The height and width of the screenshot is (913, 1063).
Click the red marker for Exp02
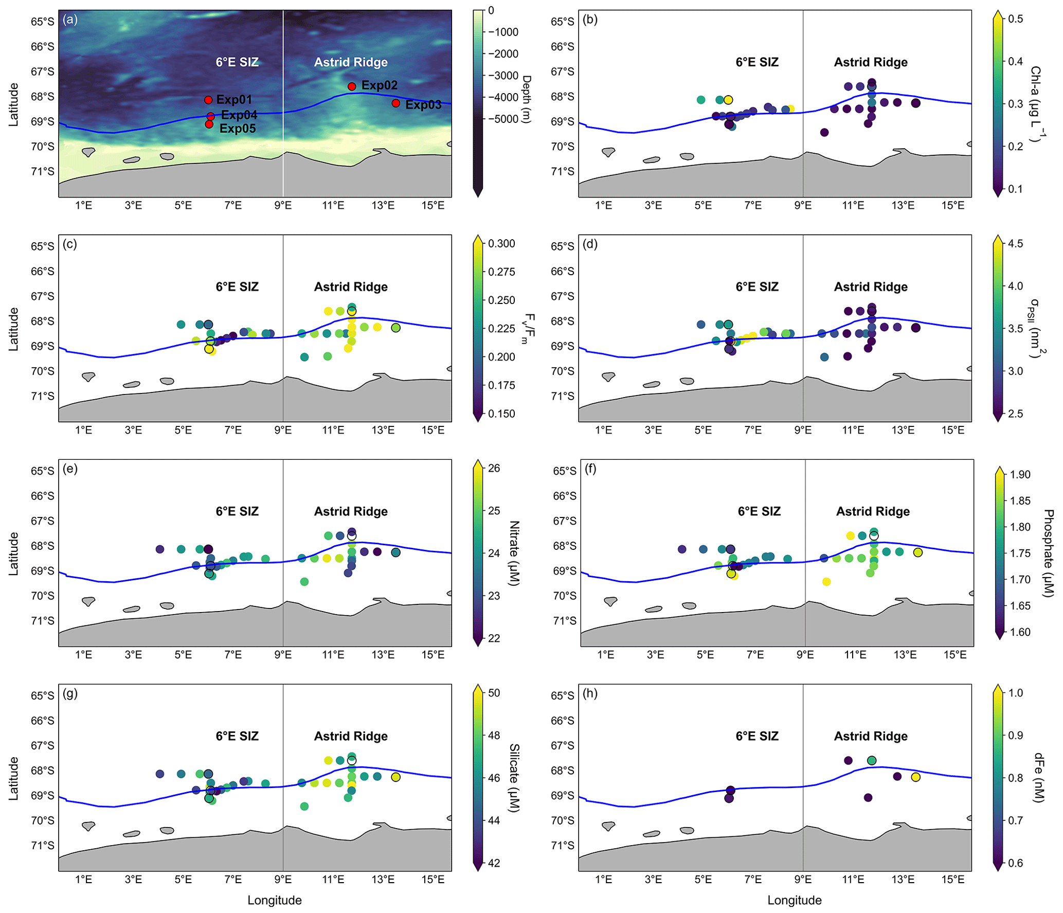click(x=352, y=86)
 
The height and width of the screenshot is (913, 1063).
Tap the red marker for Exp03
click(x=395, y=103)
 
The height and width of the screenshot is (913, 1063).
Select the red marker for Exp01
click(x=208, y=100)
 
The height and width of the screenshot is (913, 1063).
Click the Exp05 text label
click(x=238, y=129)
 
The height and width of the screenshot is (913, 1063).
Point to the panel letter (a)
click(x=70, y=20)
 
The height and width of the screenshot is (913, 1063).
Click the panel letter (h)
click(x=590, y=693)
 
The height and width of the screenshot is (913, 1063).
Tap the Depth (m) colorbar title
click(x=527, y=99)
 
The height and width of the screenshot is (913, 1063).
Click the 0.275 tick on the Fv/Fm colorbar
click(x=501, y=272)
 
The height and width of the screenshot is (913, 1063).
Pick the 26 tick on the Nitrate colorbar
click(x=494, y=468)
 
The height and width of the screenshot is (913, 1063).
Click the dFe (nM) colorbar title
click(x=1039, y=777)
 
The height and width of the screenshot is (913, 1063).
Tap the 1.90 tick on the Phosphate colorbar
click(x=1020, y=474)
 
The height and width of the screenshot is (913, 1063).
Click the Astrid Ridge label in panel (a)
click(x=351, y=62)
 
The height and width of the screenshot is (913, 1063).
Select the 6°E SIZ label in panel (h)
click(x=757, y=736)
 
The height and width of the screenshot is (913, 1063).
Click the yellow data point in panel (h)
click(x=915, y=777)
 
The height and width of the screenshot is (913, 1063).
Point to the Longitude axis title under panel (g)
click(x=274, y=900)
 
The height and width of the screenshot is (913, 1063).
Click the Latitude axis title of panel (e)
click(x=13, y=553)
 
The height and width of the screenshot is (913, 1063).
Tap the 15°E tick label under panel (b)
click(x=952, y=206)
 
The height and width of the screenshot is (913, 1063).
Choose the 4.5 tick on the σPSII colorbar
click(x=1015, y=243)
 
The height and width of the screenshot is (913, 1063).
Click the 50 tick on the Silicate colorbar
click(x=494, y=693)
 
